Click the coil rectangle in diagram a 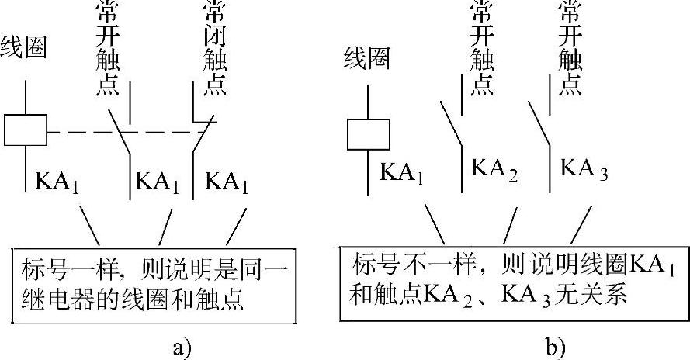click(26, 129)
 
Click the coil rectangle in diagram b click(368, 133)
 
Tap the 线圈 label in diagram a click(25, 48)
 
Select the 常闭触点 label click(213, 48)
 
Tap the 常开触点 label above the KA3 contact click(570, 48)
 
